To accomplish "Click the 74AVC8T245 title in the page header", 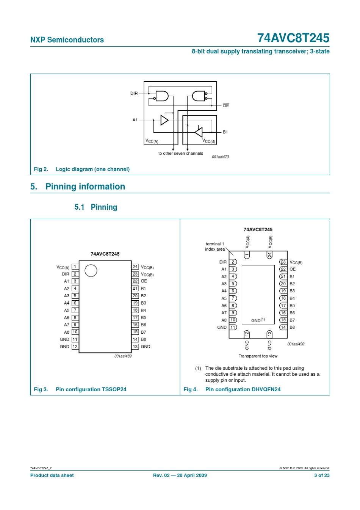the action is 293,38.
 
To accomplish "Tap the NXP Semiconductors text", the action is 67,40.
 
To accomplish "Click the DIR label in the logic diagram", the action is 134,93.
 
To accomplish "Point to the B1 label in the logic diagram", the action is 225,132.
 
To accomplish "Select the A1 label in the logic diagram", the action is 135,120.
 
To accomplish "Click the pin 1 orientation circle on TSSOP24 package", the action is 91,271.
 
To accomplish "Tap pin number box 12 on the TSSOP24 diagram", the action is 75,347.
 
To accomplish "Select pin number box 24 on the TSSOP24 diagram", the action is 135,267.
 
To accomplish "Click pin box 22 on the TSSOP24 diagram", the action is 135,281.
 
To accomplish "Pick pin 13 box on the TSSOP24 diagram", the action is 135,347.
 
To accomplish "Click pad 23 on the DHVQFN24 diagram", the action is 283,262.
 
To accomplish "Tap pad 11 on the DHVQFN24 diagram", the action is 233,327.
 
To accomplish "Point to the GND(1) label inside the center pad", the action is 258,320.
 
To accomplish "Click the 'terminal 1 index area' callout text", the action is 215,246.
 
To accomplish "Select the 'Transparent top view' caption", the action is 258,356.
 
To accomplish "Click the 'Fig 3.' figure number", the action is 41,389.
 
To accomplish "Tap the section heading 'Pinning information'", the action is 85,187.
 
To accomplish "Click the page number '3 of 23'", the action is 322,475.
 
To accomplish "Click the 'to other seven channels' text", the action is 181,154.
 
